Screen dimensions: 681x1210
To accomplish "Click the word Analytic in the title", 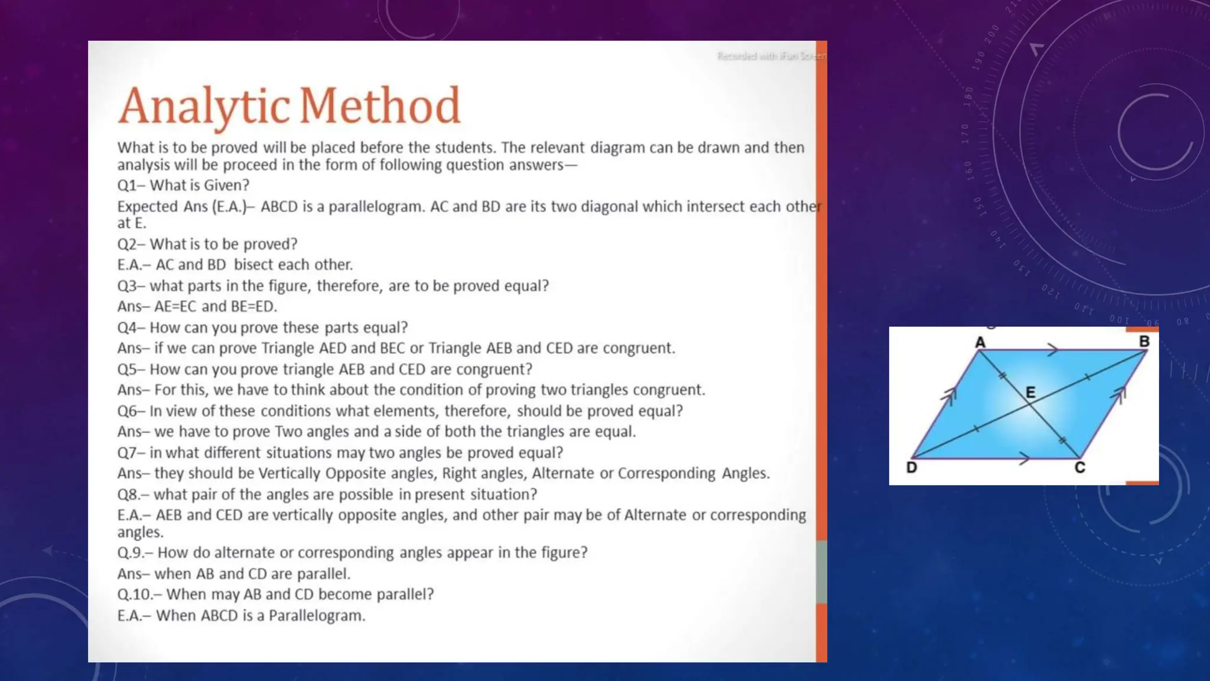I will click(x=203, y=106).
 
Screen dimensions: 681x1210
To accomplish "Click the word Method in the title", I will click(x=379, y=106).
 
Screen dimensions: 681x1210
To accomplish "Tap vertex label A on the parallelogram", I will click(x=980, y=342).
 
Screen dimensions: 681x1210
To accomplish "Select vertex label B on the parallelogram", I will click(x=1144, y=342).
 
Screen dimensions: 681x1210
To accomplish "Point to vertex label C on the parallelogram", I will click(x=1079, y=468).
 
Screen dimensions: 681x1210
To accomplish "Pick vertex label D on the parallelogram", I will click(x=912, y=468).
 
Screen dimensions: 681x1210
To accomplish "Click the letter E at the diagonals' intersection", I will click(x=1030, y=392).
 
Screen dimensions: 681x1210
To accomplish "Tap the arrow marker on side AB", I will click(x=1052, y=350).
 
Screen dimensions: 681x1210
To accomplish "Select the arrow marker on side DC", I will click(x=1024, y=458).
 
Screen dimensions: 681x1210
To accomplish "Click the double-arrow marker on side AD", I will click(x=949, y=395).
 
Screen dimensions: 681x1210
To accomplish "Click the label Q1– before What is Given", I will click(x=131, y=186).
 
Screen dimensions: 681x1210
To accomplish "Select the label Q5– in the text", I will click(x=131, y=369).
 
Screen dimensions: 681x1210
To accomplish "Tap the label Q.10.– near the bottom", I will click(x=139, y=595).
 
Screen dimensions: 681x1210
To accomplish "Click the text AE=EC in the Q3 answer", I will click(x=175, y=307).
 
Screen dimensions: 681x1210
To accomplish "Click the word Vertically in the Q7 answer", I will click(x=289, y=474).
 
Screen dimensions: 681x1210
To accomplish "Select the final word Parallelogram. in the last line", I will click(x=317, y=616).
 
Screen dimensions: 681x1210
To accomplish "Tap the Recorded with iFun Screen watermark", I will click(x=771, y=56).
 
